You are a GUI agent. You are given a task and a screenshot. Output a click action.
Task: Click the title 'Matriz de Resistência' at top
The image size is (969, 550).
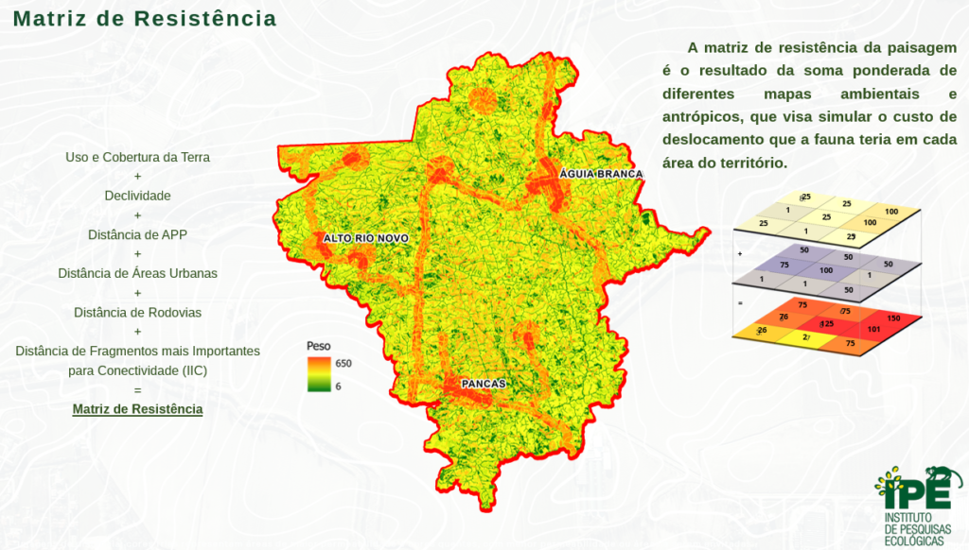pyautogui.click(x=145, y=19)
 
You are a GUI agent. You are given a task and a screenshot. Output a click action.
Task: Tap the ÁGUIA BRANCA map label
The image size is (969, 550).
pyautogui.click(x=601, y=174)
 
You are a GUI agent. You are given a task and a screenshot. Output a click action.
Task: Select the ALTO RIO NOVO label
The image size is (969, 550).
pyautogui.click(x=365, y=238)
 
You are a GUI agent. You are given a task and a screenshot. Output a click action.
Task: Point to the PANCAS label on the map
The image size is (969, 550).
pyautogui.click(x=484, y=384)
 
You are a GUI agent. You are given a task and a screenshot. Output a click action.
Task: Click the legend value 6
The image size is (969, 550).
pyautogui.click(x=338, y=386)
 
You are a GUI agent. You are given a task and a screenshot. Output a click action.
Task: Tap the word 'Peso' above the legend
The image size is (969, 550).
pyautogui.click(x=319, y=347)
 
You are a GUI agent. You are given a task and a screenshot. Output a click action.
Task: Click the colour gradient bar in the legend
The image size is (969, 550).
pyautogui.click(x=317, y=374)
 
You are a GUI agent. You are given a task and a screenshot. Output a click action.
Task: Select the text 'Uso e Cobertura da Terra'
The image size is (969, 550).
pyautogui.click(x=137, y=157)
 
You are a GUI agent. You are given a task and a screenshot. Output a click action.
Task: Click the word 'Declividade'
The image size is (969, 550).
pyautogui.click(x=137, y=196)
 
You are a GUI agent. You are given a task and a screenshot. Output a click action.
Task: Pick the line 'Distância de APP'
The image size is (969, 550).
pyautogui.click(x=137, y=234)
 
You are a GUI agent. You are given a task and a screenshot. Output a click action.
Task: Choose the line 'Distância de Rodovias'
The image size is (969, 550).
pyautogui.click(x=137, y=312)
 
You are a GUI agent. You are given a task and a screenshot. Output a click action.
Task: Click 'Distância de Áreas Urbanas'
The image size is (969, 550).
pyautogui.click(x=137, y=273)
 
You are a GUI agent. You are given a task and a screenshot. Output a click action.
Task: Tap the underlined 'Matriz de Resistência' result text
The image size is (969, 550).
pyautogui.click(x=137, y=409)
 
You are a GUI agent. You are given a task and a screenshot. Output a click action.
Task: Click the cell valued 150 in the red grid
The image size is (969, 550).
pyautogui.click(x=892, y=318)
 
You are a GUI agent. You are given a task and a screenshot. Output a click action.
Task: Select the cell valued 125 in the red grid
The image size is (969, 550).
pyautogui.click(x=826, y=324)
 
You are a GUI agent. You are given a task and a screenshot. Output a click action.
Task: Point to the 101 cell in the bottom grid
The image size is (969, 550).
pyautogui.click(x=873, y=330)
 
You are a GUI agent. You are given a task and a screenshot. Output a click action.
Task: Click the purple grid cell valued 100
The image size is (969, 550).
pyautogui.click(x=826, y=270)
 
